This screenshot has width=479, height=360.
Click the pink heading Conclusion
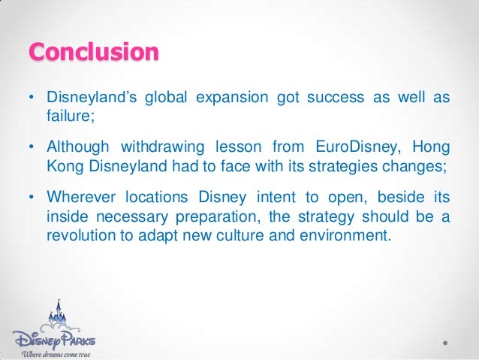[94, 53]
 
